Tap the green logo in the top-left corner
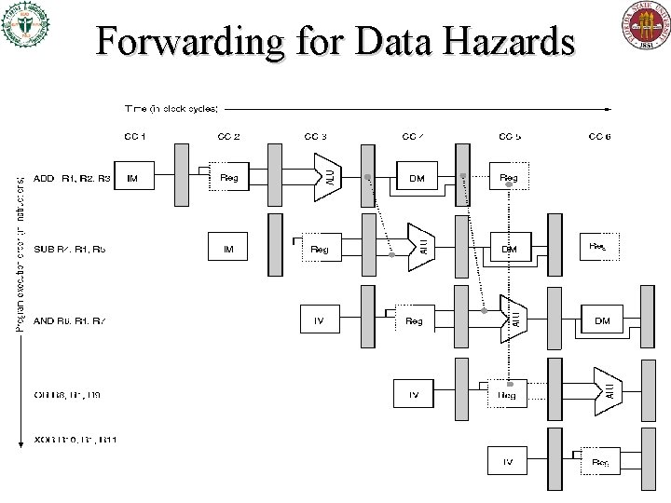click(26, 26)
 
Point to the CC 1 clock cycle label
click(135, 137)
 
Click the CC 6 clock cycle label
click(599, 137)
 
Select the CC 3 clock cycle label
click(317, 137)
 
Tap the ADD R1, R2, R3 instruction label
click(71, 178)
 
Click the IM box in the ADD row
click(134, 178)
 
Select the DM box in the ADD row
click(417, 178)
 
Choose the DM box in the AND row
click(602, 320)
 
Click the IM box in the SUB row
click(228, 249)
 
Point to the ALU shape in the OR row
click(607, 391)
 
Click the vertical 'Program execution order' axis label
click(21, 251)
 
